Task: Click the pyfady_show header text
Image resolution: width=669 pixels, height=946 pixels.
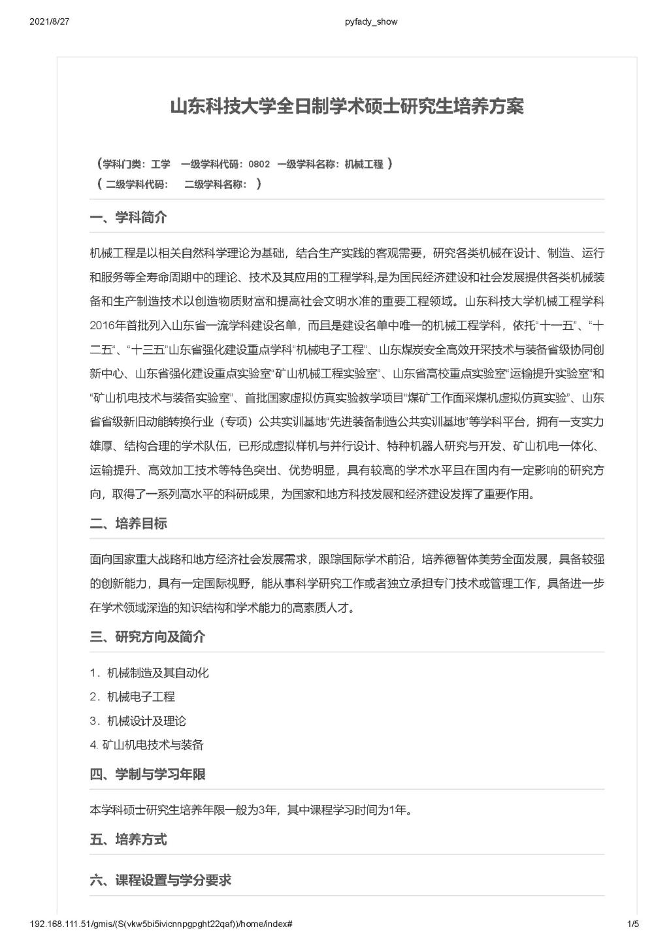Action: coord(370,22)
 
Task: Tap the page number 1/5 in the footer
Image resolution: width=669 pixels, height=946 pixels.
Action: coord(632,924)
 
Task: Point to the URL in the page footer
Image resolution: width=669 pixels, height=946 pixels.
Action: coord(161,924)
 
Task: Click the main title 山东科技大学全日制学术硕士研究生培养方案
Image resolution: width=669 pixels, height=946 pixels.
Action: coord(346,106)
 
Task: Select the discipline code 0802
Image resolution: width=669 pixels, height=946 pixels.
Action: coord(259,165)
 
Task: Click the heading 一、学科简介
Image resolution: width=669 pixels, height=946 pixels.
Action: coord(128,218)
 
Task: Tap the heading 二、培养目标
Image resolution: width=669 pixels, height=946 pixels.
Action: coord(128,523)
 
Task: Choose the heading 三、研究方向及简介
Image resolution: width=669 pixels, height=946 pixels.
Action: coord(148,636)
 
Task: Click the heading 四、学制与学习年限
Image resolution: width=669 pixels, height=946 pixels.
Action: coord(148,774)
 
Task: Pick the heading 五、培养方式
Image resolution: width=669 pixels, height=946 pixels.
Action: coord(128,839)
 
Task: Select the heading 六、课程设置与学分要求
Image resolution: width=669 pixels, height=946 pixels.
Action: coord(161,880)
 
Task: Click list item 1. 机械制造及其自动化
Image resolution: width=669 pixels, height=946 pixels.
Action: coord(150,672)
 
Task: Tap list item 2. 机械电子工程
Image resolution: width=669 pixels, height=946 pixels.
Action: coord(133,696)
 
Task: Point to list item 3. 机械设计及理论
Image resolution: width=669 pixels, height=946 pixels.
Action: coord(138,721)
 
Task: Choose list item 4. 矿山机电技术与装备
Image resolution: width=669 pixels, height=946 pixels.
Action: coord(147,744)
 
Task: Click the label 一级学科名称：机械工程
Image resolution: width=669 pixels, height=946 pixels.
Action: coord(331,165)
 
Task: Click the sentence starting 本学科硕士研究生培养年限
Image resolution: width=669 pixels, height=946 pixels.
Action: coord(252,810)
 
